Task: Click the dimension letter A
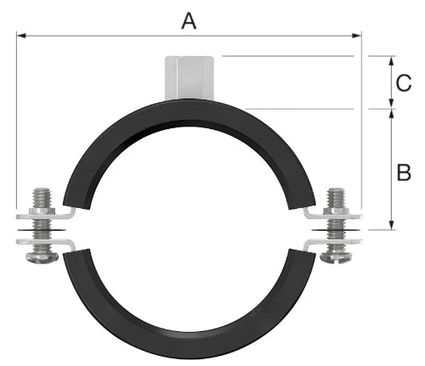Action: tap(189, 21)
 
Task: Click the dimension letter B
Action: tap(404, 172)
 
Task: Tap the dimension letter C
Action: tap(404, 83)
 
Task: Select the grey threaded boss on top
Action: tap(189, 78)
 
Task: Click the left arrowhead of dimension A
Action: tap(21, 36)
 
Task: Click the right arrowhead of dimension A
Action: tap(356, 36)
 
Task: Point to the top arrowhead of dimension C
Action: tap(391, 61)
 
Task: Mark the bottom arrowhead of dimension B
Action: tap(391, 225)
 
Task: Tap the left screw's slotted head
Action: tap(42, 257)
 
